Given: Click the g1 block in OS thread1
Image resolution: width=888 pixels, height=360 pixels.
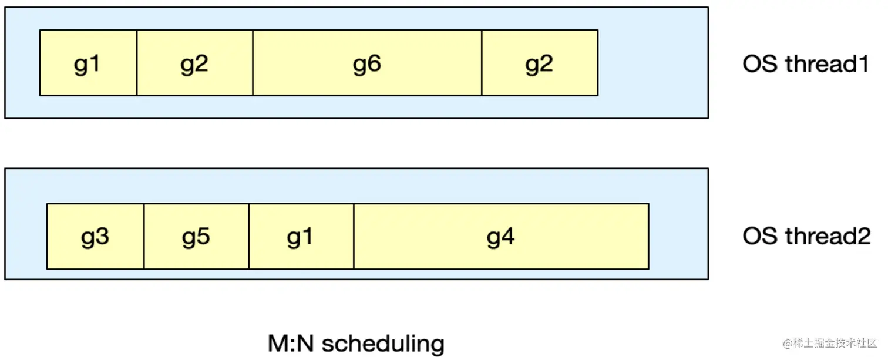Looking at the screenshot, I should point(88,63).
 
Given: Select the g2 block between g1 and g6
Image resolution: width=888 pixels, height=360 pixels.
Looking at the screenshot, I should point(194,63).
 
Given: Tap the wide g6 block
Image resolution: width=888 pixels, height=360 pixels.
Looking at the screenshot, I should point(367,63).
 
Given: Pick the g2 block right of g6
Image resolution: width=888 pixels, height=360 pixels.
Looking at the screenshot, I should point(539,63).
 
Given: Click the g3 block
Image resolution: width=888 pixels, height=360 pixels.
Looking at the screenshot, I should point(95,236).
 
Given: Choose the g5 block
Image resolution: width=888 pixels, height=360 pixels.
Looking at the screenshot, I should point(196,236).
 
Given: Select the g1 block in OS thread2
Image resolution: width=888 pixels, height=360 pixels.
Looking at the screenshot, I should point(301,236).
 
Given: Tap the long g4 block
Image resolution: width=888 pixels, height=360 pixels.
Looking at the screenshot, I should point(501,236).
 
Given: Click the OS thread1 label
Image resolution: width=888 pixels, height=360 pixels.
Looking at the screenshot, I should point(805,64).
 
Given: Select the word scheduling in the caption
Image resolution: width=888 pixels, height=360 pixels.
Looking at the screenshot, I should point(384,344).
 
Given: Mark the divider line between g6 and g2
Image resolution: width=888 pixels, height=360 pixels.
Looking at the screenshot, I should point(482,63).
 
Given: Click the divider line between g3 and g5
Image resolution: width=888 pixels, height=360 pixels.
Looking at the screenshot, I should point(144,236).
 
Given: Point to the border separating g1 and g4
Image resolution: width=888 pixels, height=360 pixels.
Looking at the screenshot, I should point(354,236).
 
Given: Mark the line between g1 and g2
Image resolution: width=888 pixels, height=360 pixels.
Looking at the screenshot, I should point(137,63).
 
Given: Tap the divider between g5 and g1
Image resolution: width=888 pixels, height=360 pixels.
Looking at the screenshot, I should point(249,236).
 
